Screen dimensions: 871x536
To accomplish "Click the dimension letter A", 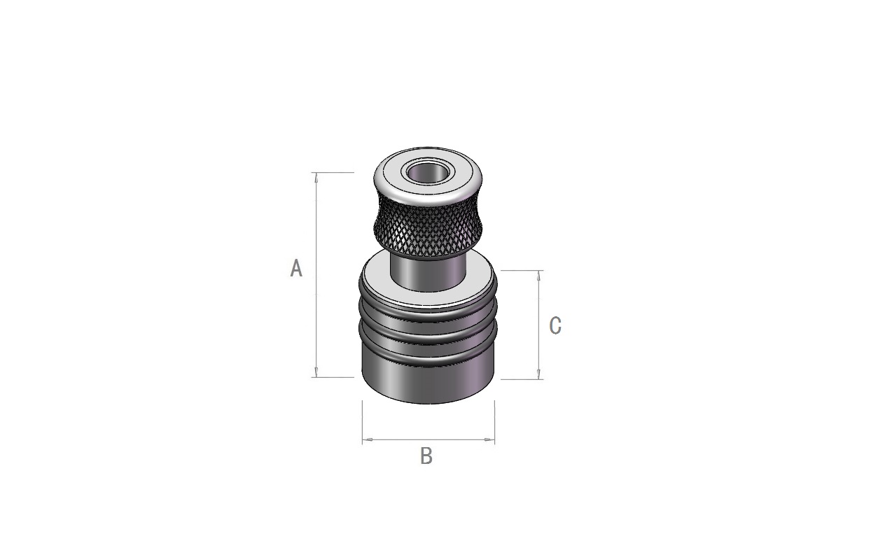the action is [x=296, y=268].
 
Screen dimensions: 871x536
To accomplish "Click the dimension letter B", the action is [x=426, y=456].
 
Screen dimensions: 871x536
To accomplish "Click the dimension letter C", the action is [x=555, y=325].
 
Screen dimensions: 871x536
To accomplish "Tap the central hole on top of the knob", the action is [x=427, y=173].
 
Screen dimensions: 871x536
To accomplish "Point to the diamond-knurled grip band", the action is [x=428, y=228].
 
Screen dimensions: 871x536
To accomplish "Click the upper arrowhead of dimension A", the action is [x=316, y=177].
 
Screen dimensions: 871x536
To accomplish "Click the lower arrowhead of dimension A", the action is [x=316, y=372].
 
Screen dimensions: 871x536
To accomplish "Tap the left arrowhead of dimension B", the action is [x=368, y=439].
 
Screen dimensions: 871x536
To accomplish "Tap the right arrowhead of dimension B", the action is [x=489, y=439].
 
